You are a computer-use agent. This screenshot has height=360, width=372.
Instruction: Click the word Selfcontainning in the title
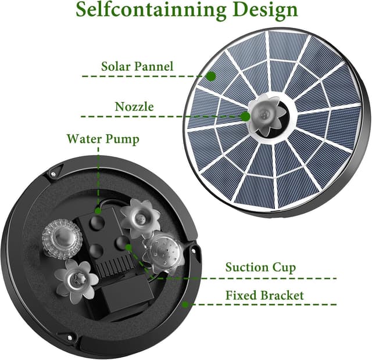[x=151, y=10]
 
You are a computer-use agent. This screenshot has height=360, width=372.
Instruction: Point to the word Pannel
[x=153, y=66]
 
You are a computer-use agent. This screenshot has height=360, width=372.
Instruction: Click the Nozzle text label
[x=134, y=107]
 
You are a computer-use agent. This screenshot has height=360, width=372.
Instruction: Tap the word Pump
[x=123, y=139]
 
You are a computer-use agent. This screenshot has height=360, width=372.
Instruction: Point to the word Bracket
[x=282, y=296]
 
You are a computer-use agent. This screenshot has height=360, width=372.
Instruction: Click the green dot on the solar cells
[x=212, y=75]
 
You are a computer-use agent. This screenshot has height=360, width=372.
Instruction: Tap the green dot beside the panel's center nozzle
[x=246, y=116]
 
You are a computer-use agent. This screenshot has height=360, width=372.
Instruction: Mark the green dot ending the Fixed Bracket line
[x=185, y=304]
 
